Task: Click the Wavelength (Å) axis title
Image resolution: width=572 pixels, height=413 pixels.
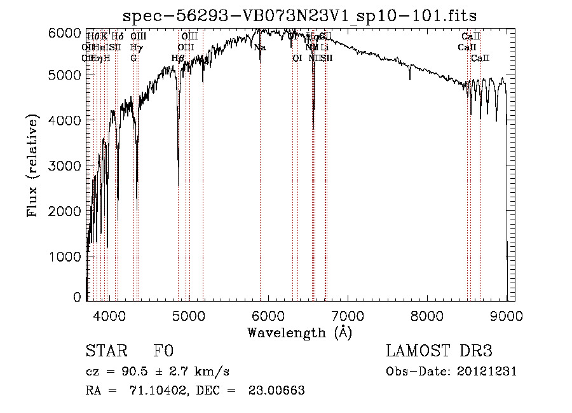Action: (x=299, y=332)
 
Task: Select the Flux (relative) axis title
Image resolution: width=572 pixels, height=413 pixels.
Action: (x=32, y=165)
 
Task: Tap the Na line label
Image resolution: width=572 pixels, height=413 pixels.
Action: (x=259, y=47)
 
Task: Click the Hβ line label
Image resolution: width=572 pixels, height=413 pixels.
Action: (x=178, y=59)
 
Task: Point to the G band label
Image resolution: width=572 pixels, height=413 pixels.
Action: (x=133, y=58)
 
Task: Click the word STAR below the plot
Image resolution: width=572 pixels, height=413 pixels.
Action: (x=106, y=351)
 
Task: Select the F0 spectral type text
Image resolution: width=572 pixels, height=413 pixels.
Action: (x=163, y=351)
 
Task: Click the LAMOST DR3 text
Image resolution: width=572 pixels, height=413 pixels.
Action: (x=439, y=351)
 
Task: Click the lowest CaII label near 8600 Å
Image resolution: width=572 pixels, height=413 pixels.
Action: (x=480, y=59)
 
